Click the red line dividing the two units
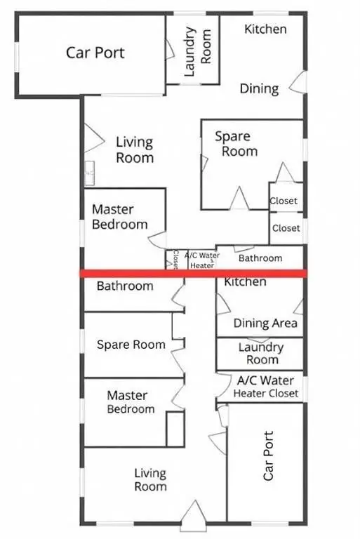pos(193,273)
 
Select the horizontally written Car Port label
pos(95,52)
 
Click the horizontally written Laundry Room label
pos(260,353)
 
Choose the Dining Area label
pos(266,324)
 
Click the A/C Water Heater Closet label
pos(266,387)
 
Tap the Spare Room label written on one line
pos(131,345)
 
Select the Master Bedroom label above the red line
pos(120,217)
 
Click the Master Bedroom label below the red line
pos(131,403)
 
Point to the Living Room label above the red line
pos(134,150)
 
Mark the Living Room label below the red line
pos(150,480)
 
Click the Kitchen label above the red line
pos(265,29)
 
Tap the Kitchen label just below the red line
pos(245,282)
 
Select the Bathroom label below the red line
pos(125,286)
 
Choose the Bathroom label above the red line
pos(260,258)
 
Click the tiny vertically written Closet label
pos(175,260)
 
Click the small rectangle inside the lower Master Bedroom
pos(175,429)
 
